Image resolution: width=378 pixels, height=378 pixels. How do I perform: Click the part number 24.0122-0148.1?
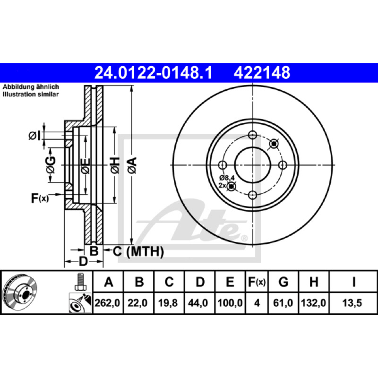click(x=153, y=73)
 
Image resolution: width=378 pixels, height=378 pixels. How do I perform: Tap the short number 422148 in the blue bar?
click(x=262, y=73)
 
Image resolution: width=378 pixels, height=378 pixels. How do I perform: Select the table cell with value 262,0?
click(x=107, y=303)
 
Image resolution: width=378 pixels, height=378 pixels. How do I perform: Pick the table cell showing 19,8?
click(x=168, y=303)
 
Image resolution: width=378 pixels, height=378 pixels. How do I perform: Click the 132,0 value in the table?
click(x=313, y=303)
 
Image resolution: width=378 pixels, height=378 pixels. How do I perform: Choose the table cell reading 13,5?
click(x=352, y=303)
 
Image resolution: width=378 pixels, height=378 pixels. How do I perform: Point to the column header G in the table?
click(x=283, y=282)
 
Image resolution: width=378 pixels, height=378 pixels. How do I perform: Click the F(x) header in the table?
click(x=257, y=282)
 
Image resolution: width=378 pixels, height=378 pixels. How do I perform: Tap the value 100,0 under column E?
click(x=230, y=303)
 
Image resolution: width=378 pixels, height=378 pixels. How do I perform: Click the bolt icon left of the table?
click(x=80, y=282)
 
